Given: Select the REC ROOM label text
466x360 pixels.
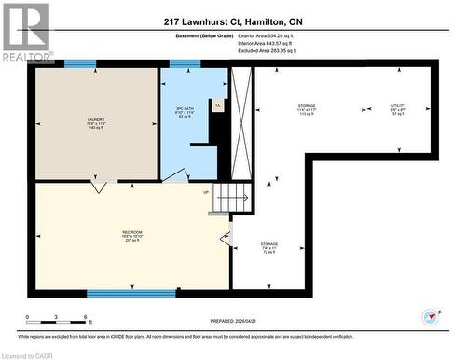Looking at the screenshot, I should click(x=130, y=230).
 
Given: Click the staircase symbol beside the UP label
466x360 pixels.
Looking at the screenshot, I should click(x=233, y=198).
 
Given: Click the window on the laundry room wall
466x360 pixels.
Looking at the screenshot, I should click(x=79, y=63).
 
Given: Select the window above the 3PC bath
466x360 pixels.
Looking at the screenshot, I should click(x=185, y=63).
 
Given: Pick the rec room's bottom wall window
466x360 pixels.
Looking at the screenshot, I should click(x=118, y=294).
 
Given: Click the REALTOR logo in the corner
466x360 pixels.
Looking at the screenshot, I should click(x=25, y=29).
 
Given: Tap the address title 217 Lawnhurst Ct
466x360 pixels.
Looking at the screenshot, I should click(x=232, y=21).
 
